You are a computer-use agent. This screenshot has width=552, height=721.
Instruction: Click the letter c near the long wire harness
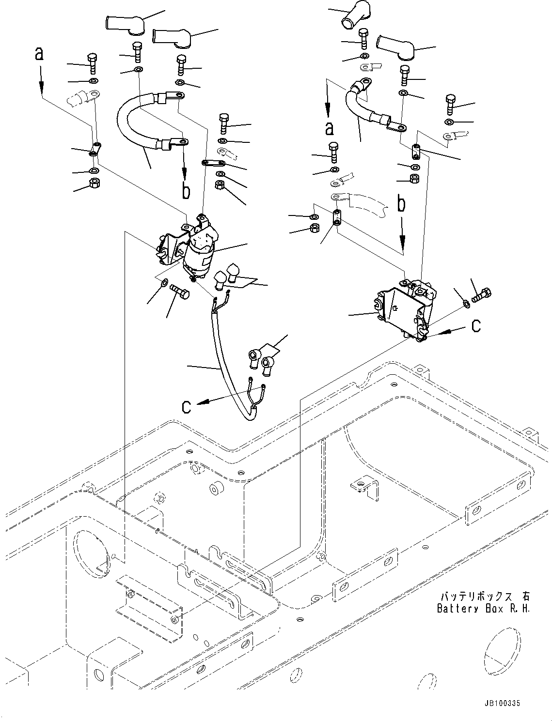(186, 407)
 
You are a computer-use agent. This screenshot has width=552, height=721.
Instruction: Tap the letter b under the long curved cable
(186, 190)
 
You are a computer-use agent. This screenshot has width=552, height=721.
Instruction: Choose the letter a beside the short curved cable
(329, 128)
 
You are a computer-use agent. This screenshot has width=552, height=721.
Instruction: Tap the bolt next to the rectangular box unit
(481, 295)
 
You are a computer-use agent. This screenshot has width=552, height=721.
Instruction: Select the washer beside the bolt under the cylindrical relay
(164, 283)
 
